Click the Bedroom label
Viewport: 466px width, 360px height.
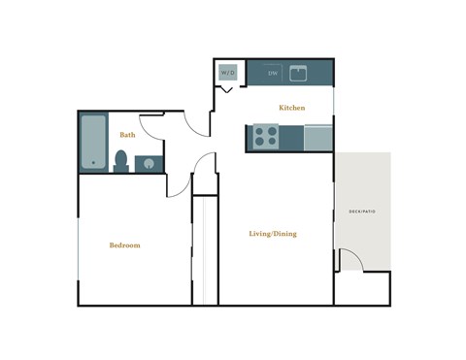click(x=124, y=245)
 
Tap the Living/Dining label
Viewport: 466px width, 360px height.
click(x=273, y=234)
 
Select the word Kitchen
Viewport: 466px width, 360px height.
click(x=292, y=108)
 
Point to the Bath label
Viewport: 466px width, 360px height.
click(x=127, y=135)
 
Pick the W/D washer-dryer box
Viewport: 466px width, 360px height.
click(x=228, y=73)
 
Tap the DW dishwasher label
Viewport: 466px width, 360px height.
click(x=273, y=74)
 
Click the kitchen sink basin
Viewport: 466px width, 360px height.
click(x=299, y=74)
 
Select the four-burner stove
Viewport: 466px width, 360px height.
click(x=266, y=137)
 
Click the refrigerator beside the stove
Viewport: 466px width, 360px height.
click(x=318, y=137)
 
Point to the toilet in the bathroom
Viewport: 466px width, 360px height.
click(x=122, y=160)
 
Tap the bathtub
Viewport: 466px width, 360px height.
click(x=94, y=143)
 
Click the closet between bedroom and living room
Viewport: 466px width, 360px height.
click(x=205, y=250)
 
